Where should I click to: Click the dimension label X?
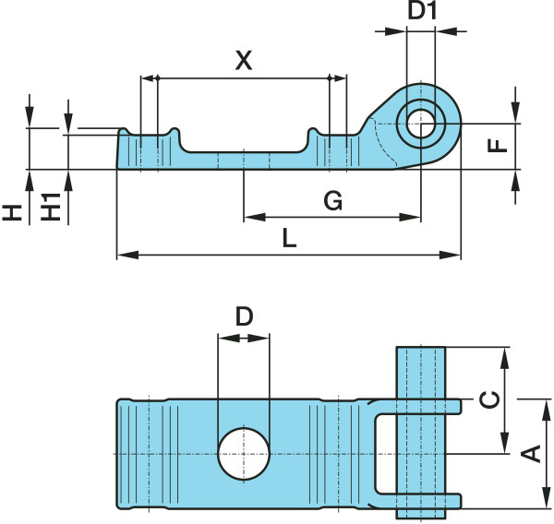243,62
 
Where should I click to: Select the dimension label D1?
421,14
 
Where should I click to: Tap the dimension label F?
497,146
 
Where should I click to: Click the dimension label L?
289,239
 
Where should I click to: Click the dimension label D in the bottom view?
243,317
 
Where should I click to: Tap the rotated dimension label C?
492,399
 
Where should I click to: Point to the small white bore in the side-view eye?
421,122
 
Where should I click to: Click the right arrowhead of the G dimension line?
415,218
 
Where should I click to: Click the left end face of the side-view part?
118,150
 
